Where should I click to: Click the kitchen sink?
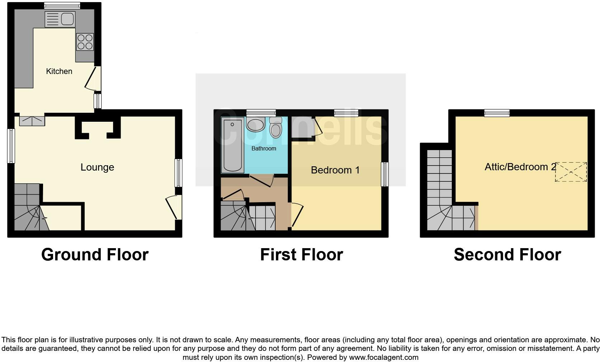[60, 19]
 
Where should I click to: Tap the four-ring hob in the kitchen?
[85, 42]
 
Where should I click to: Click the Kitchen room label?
[59, 71]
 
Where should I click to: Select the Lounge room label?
[97, 167]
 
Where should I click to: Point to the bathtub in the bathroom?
[233, 145]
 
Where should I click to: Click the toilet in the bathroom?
[276, 128]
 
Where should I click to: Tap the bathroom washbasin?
[256, 125]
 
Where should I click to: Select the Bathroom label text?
[264, 148]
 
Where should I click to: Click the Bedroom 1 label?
[335, 170]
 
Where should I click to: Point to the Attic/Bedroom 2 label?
[520, 167]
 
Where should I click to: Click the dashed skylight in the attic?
[571, 172]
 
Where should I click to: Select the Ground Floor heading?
[95, 255]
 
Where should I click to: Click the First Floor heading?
[301, 255]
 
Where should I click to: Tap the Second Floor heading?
[507, 255]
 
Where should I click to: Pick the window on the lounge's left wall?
[11, 146]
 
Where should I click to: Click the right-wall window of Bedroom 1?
[385, 174]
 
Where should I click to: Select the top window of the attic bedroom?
[497, 113]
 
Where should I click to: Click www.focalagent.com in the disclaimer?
[384, 357]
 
